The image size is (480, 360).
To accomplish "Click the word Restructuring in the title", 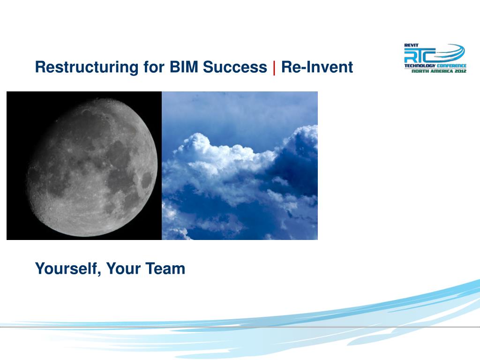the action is [87, 67].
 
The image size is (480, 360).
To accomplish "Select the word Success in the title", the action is [235, 67].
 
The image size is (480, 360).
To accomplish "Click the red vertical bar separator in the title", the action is [274, 67].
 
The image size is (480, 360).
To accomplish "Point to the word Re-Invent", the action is [317, 67].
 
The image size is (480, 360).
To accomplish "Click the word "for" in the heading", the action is [154, 67].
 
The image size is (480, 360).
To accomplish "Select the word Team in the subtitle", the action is [165, 269].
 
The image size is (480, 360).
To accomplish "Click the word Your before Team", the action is [123, 269].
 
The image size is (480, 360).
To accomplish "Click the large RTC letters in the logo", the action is [420, 55].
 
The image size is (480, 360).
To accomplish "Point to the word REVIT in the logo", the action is [411, 45].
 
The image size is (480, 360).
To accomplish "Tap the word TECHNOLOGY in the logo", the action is [420, 66].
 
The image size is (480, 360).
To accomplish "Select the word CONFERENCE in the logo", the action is [451, 66].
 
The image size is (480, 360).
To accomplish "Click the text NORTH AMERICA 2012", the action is [439, 71].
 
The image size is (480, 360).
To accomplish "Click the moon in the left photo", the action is [92, 167].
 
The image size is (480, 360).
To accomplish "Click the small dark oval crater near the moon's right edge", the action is [147, 180].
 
